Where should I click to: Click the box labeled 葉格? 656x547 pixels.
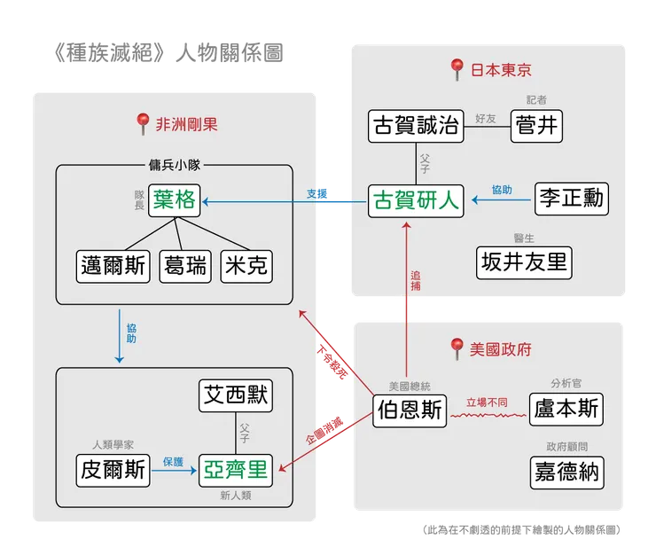[174, 200]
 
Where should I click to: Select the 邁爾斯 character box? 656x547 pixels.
[114, 266]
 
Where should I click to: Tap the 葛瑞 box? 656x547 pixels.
[184, 266]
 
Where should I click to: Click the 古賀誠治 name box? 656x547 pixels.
[416, 126]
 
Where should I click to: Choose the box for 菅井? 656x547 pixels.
[536, 126]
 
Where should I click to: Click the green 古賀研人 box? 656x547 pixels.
[416, 200]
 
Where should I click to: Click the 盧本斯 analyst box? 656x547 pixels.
[568, 409]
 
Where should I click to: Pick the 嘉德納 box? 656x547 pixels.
[568, 470]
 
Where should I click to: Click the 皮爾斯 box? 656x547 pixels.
[113, 470]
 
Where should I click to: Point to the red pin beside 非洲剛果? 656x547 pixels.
[143, 124]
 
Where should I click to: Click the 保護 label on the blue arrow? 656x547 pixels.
[173, 461]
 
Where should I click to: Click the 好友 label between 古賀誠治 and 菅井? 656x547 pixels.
[486, 118]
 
